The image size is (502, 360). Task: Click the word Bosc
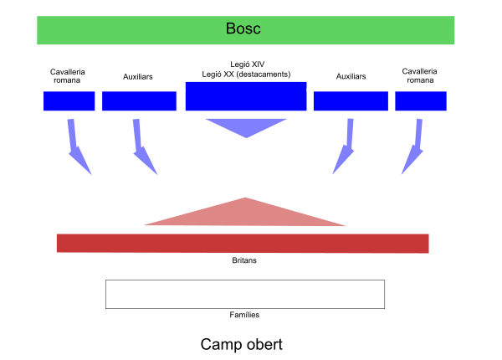(243, 28)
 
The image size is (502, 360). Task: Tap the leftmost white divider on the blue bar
(99, 100)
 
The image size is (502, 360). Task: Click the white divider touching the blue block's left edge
(181, 100)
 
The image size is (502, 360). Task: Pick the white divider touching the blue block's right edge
(310, 100)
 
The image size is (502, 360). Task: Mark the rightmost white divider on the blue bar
(392, 100)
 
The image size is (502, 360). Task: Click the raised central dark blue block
(246, 96)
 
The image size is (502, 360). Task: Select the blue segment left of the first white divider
(69, 101)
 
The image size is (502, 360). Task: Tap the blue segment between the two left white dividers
(139, 101)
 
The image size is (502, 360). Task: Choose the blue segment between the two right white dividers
(351, 101)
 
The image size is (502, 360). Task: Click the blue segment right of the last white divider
(421, 101)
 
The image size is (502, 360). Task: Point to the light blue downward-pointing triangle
(246, 126)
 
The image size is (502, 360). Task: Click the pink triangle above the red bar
(245, 214)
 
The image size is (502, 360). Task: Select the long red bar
(243, 243)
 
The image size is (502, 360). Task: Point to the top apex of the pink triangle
(245, 198)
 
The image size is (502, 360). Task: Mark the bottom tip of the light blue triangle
(247, 137)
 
